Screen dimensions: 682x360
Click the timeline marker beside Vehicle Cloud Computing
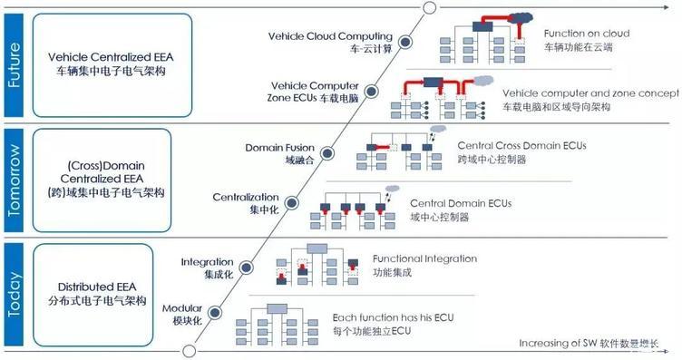405,42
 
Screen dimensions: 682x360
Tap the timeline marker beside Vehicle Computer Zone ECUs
371,92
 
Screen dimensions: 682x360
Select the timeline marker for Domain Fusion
327,153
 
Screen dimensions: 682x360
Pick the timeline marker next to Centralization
292,202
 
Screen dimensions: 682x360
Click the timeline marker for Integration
246,268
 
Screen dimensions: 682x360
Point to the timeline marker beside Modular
214,312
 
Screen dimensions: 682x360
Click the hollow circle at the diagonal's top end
430,7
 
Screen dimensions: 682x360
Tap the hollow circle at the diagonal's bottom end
190,351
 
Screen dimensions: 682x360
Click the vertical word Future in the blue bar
14,64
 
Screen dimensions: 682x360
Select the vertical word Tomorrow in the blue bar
14,180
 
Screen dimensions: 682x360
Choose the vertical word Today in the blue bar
14,294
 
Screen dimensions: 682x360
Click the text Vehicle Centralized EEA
111,57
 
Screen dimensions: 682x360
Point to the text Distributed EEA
97,287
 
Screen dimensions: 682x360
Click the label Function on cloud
587,34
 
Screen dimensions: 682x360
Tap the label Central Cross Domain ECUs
522,146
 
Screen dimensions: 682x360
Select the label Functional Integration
425,258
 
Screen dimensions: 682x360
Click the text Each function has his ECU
394,317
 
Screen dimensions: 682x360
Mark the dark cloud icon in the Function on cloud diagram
521,18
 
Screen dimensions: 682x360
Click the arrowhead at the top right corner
667,7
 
